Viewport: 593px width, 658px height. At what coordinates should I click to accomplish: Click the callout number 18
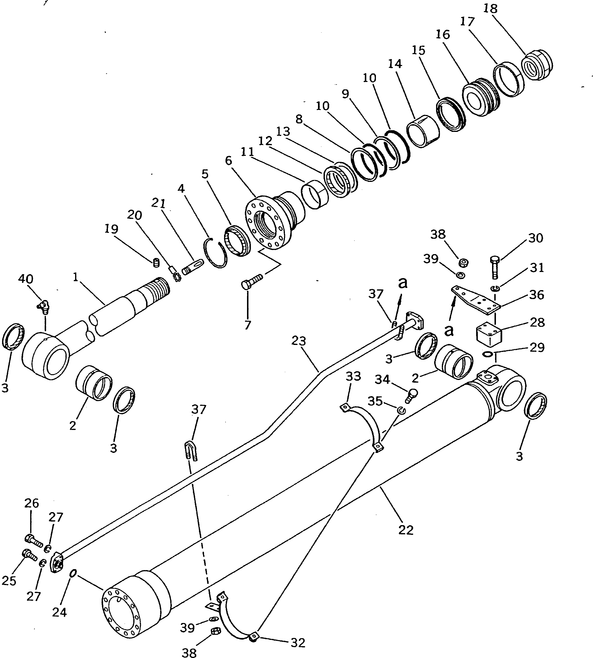click(490, 8)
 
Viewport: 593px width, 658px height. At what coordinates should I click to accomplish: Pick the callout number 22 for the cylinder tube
click(406, 529)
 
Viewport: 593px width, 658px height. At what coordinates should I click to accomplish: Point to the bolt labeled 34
click(411, 395)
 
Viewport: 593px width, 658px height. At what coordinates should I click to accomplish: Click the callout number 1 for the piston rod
click(75, 277)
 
